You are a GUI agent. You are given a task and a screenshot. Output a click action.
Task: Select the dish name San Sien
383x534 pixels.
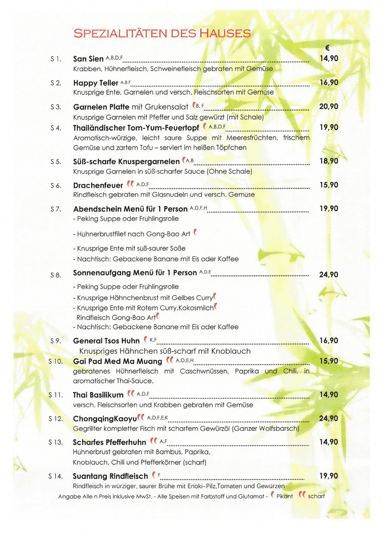pos(88,59)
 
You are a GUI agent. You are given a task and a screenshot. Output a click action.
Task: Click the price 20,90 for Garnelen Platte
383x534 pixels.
pos(328,107)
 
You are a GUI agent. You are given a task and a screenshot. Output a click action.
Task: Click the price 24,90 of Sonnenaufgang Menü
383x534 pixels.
pos(328,274)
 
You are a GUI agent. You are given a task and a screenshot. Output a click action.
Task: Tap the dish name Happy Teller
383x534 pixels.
pos(96,83)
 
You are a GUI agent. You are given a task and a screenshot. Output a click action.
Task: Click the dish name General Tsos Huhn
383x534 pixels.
pos(106,341)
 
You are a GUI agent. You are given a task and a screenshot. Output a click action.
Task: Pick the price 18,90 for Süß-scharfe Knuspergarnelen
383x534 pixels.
pos(328,161)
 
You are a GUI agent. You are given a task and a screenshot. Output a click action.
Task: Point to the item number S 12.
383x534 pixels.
pos(55,419)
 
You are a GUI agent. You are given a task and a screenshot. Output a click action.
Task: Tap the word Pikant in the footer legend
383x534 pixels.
pos(285,496)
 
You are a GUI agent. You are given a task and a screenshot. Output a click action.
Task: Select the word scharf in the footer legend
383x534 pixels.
pos(316,496)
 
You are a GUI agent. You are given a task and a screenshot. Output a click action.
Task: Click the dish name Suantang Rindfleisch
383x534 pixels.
pos(110,476)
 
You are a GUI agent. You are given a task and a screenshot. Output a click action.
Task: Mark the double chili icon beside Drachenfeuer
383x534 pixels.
pos(130,184)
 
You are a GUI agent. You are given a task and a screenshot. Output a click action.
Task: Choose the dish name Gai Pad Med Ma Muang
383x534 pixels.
pos(118,361)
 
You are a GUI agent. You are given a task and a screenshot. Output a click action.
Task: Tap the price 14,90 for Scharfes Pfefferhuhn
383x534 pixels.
pos(328,442)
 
